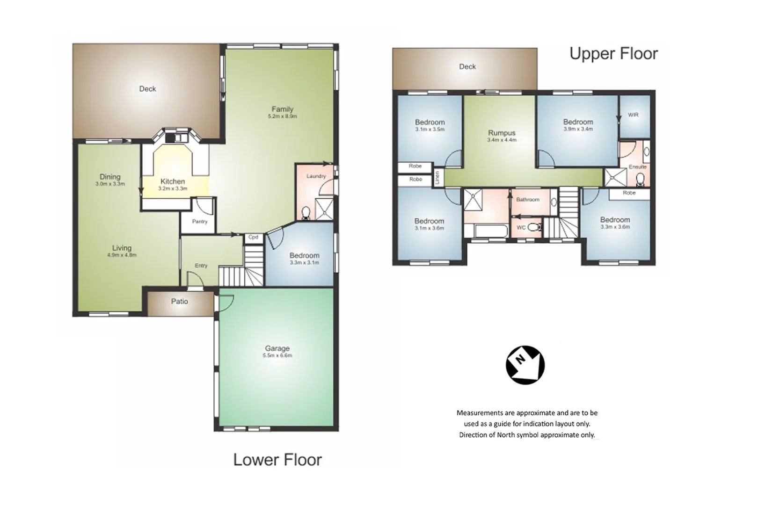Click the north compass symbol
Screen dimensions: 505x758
pos(525,365)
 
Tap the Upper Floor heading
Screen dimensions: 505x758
pos(613,54)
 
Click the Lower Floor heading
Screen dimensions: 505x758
pos(277,460)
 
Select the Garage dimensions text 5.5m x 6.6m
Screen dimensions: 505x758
pos(277,355)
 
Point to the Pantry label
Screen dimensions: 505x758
pos(200,222)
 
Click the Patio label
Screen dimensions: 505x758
pos(180,302)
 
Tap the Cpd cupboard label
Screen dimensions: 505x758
pos(253,237)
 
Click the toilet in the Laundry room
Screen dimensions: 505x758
pos(306,213)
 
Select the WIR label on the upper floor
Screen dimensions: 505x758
pos(633,115)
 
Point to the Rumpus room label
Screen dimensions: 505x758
pos(502,133)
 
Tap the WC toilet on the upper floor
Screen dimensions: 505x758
pos(537,227)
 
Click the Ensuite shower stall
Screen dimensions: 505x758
pos(614,177)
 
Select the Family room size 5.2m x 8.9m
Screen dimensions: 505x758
pos(282,116)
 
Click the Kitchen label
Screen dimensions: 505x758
pos(173,181)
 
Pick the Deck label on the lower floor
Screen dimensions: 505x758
pos(147,89)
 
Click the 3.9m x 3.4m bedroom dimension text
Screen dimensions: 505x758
pos(578,129)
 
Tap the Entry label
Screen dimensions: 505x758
pos(201,266)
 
